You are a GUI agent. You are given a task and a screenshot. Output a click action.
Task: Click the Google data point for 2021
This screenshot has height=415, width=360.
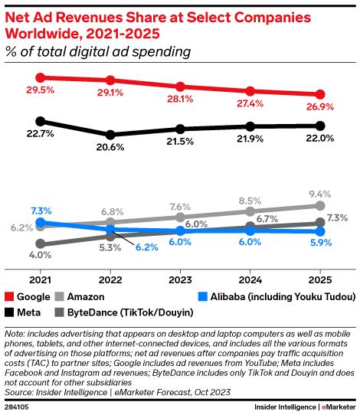click(41, 77)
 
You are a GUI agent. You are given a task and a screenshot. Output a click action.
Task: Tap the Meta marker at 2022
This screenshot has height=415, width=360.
click(110, 134)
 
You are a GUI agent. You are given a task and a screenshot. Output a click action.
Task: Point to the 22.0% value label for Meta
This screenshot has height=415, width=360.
click(319, 139)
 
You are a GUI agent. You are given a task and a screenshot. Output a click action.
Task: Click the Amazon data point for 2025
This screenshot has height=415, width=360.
click(320, 205)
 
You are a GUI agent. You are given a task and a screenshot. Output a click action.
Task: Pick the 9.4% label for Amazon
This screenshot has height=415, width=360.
click(320, 194)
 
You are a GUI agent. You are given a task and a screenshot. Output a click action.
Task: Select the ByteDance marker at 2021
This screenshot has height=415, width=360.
click(41, 243)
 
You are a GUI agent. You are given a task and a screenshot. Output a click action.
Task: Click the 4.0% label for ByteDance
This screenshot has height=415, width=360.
click(40, 255)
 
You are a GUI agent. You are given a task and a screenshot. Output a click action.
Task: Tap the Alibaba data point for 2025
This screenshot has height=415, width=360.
click(320, 231)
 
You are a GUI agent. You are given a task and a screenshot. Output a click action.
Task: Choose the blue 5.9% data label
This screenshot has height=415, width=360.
click(320, 243)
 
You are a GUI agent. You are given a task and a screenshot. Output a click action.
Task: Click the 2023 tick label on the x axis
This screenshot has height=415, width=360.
click(180, 279)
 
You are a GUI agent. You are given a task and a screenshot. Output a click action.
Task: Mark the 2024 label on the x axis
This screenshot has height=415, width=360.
click(250, 279)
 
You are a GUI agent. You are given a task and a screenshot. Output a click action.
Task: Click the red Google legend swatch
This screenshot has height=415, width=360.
click(9, 296)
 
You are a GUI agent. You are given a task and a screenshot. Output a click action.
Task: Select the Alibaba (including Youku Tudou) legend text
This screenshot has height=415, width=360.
click(283, 296)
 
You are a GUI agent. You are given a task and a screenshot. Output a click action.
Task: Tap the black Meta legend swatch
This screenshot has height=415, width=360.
click(9, 312)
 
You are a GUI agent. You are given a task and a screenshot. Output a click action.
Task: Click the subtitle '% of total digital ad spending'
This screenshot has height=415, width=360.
click(97, 52)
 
